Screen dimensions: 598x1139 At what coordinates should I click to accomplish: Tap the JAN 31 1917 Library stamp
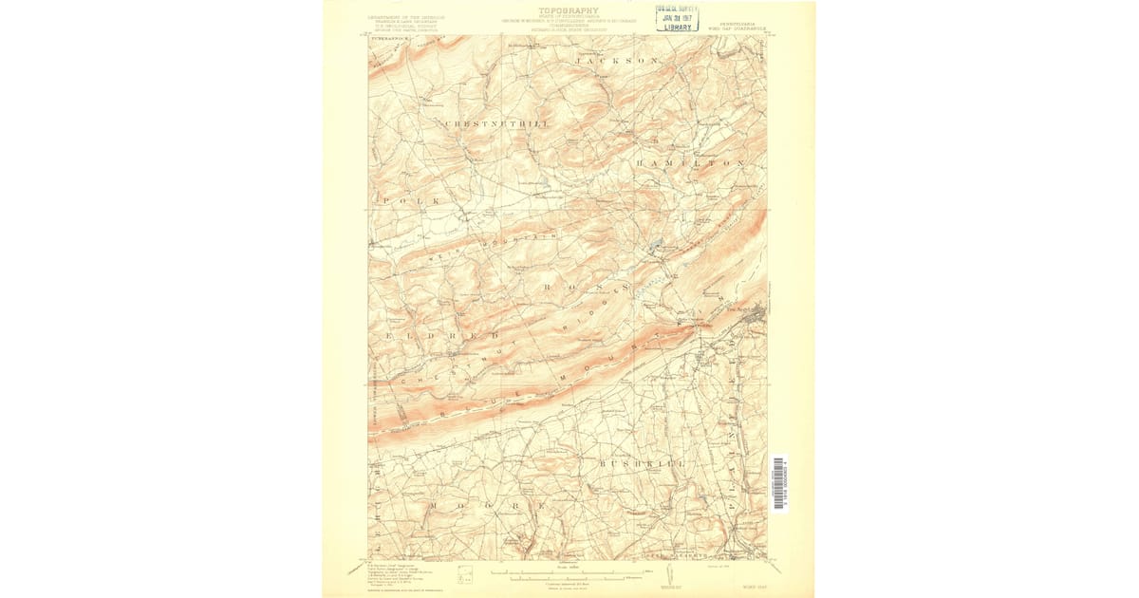point(677,17)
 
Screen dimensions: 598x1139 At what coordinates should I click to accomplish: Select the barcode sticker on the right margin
point(778,482)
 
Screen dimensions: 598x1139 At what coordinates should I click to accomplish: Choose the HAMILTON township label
point(690,163)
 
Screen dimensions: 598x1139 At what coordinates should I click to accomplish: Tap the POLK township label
point(410,201)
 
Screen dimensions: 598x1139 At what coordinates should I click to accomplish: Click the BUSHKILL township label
point(642,463)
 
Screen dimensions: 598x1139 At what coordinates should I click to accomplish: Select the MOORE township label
point(487,507)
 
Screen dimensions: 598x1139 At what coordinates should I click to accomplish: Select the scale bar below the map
point(567,574)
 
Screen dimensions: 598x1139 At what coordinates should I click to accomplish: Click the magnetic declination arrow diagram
point(670,574)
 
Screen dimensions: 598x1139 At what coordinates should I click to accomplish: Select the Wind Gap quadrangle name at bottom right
point(756,586)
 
